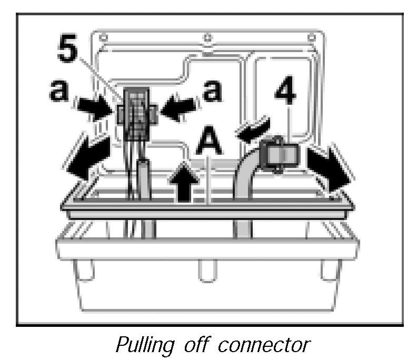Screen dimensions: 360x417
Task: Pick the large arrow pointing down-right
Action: [330, 166]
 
